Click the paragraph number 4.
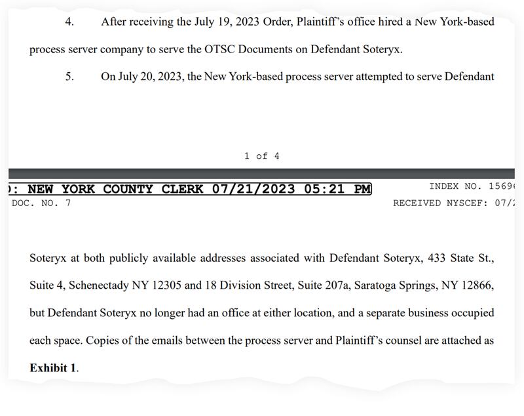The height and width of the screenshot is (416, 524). (69, 22)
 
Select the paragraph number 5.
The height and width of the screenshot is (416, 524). (69, 77)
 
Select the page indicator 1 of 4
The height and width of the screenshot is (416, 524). (261, 156)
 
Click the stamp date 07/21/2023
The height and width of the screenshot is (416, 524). (255, 190)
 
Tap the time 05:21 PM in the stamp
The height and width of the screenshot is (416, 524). (337, 190)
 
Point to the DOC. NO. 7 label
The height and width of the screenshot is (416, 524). (41, 203)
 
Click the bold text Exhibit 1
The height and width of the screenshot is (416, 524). (52, 368)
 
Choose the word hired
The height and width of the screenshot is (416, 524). (386, 22)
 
